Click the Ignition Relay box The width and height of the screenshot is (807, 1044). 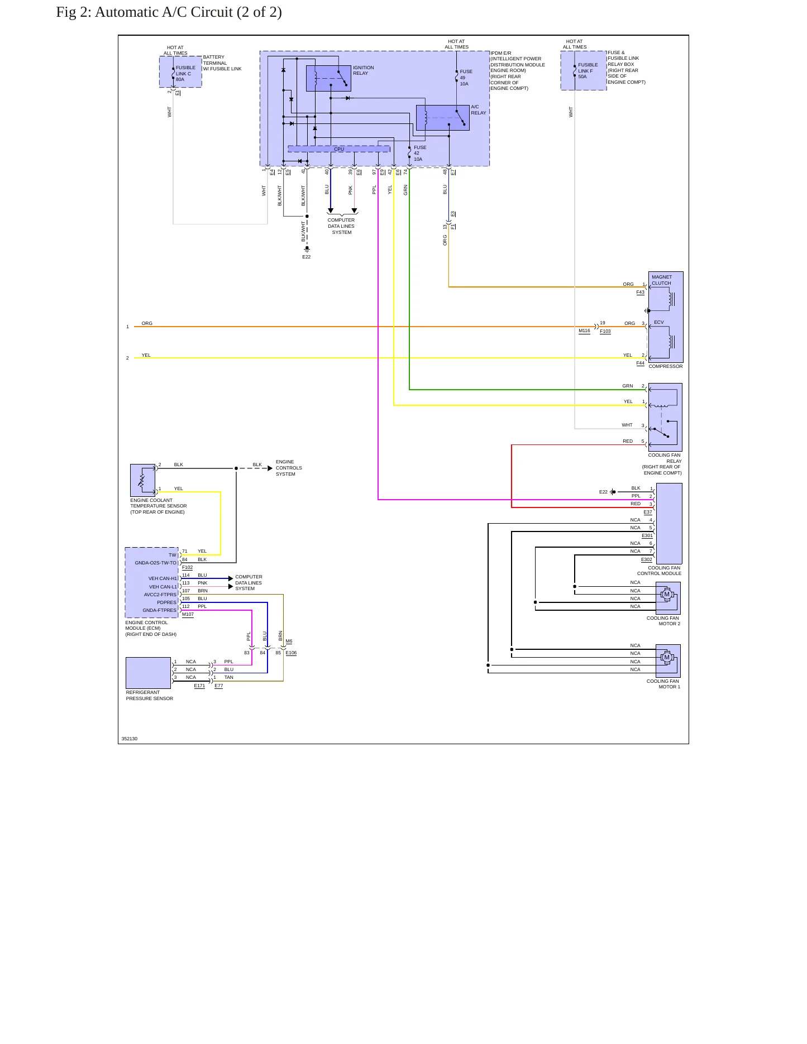pos(328,78)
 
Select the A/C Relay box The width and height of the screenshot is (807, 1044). pos(442,118)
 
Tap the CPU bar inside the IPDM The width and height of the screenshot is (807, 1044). pos(338,149)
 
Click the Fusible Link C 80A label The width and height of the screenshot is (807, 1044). pos(185,74)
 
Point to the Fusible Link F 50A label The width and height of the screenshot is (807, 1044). pos(588,71)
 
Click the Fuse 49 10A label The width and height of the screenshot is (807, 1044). pos(466,78)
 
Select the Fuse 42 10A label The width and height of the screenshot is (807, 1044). pos(419,154)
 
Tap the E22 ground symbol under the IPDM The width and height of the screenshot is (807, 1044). pos(307,249)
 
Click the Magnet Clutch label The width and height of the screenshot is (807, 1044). pos(662,280)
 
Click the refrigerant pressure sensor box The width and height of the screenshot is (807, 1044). pos(148,673)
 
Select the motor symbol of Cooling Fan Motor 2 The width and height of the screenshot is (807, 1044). pos(666,595)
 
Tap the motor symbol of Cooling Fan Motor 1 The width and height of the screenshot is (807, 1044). pos(666,658)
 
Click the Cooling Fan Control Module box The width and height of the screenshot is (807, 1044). pos(669,524)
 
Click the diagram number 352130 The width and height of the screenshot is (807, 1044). pos(130,739)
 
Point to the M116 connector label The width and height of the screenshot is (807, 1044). pos(584,331)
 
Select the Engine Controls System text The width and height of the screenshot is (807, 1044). pos(289,468)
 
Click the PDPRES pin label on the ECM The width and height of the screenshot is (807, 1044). pos(166,602)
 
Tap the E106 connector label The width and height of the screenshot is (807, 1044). pos(291,653)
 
